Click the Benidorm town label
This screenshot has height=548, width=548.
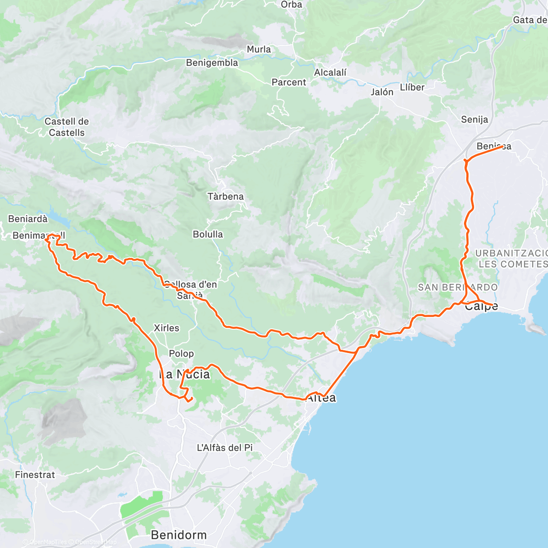point(179,534)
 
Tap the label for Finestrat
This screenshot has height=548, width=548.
point(35,474)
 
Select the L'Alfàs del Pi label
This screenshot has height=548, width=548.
point(225,448)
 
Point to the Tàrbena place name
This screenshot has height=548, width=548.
point(226,196)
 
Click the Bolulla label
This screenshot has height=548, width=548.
point(208,234)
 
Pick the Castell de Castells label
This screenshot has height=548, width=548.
point(67,127)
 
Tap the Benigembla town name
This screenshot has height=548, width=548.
point(212,63)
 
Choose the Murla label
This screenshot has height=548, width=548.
point(259,49)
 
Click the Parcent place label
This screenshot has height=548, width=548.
point(289,82)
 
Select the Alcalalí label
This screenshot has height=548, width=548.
point(330,72)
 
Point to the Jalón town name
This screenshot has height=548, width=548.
point(382,92)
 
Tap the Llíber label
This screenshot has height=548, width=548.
point(412,87)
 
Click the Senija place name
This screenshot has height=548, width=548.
point(474,120)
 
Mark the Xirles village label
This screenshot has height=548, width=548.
point(167,328)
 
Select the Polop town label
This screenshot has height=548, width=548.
point(181,353)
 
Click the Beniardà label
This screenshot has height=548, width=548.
point(28,219)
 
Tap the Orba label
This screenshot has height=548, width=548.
point(291,5)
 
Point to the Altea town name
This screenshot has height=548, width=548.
point(321,398)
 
